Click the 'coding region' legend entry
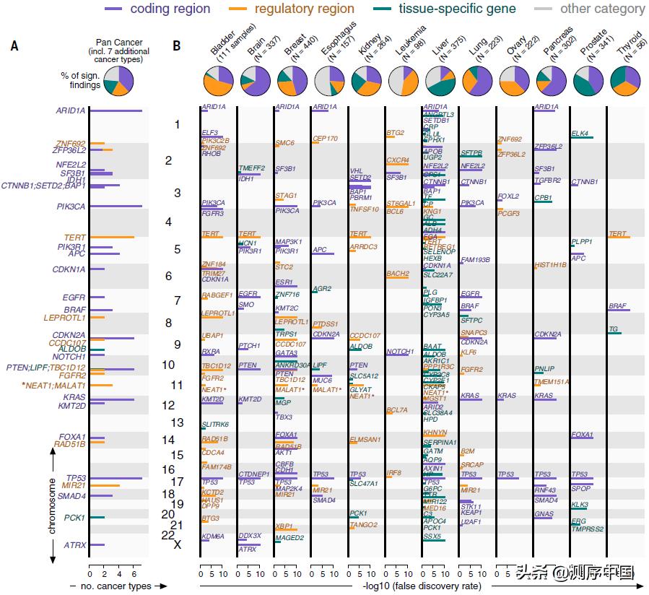click(170, 9)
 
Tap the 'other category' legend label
click(602, 9)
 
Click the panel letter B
click(177, 46)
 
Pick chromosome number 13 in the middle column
click(177, 422)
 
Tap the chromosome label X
click(177, 544)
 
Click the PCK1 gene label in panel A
click(74, 517)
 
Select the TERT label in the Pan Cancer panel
click(74, 237)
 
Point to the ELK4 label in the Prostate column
click(580, 134)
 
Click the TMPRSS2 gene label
click(588, 529)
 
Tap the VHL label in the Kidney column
click(356, 171)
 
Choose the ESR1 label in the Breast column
click(284, 282)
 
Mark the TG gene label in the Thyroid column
click(613, 329)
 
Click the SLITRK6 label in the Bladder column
click(215, 425)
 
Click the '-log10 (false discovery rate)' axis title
click(422, 586)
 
